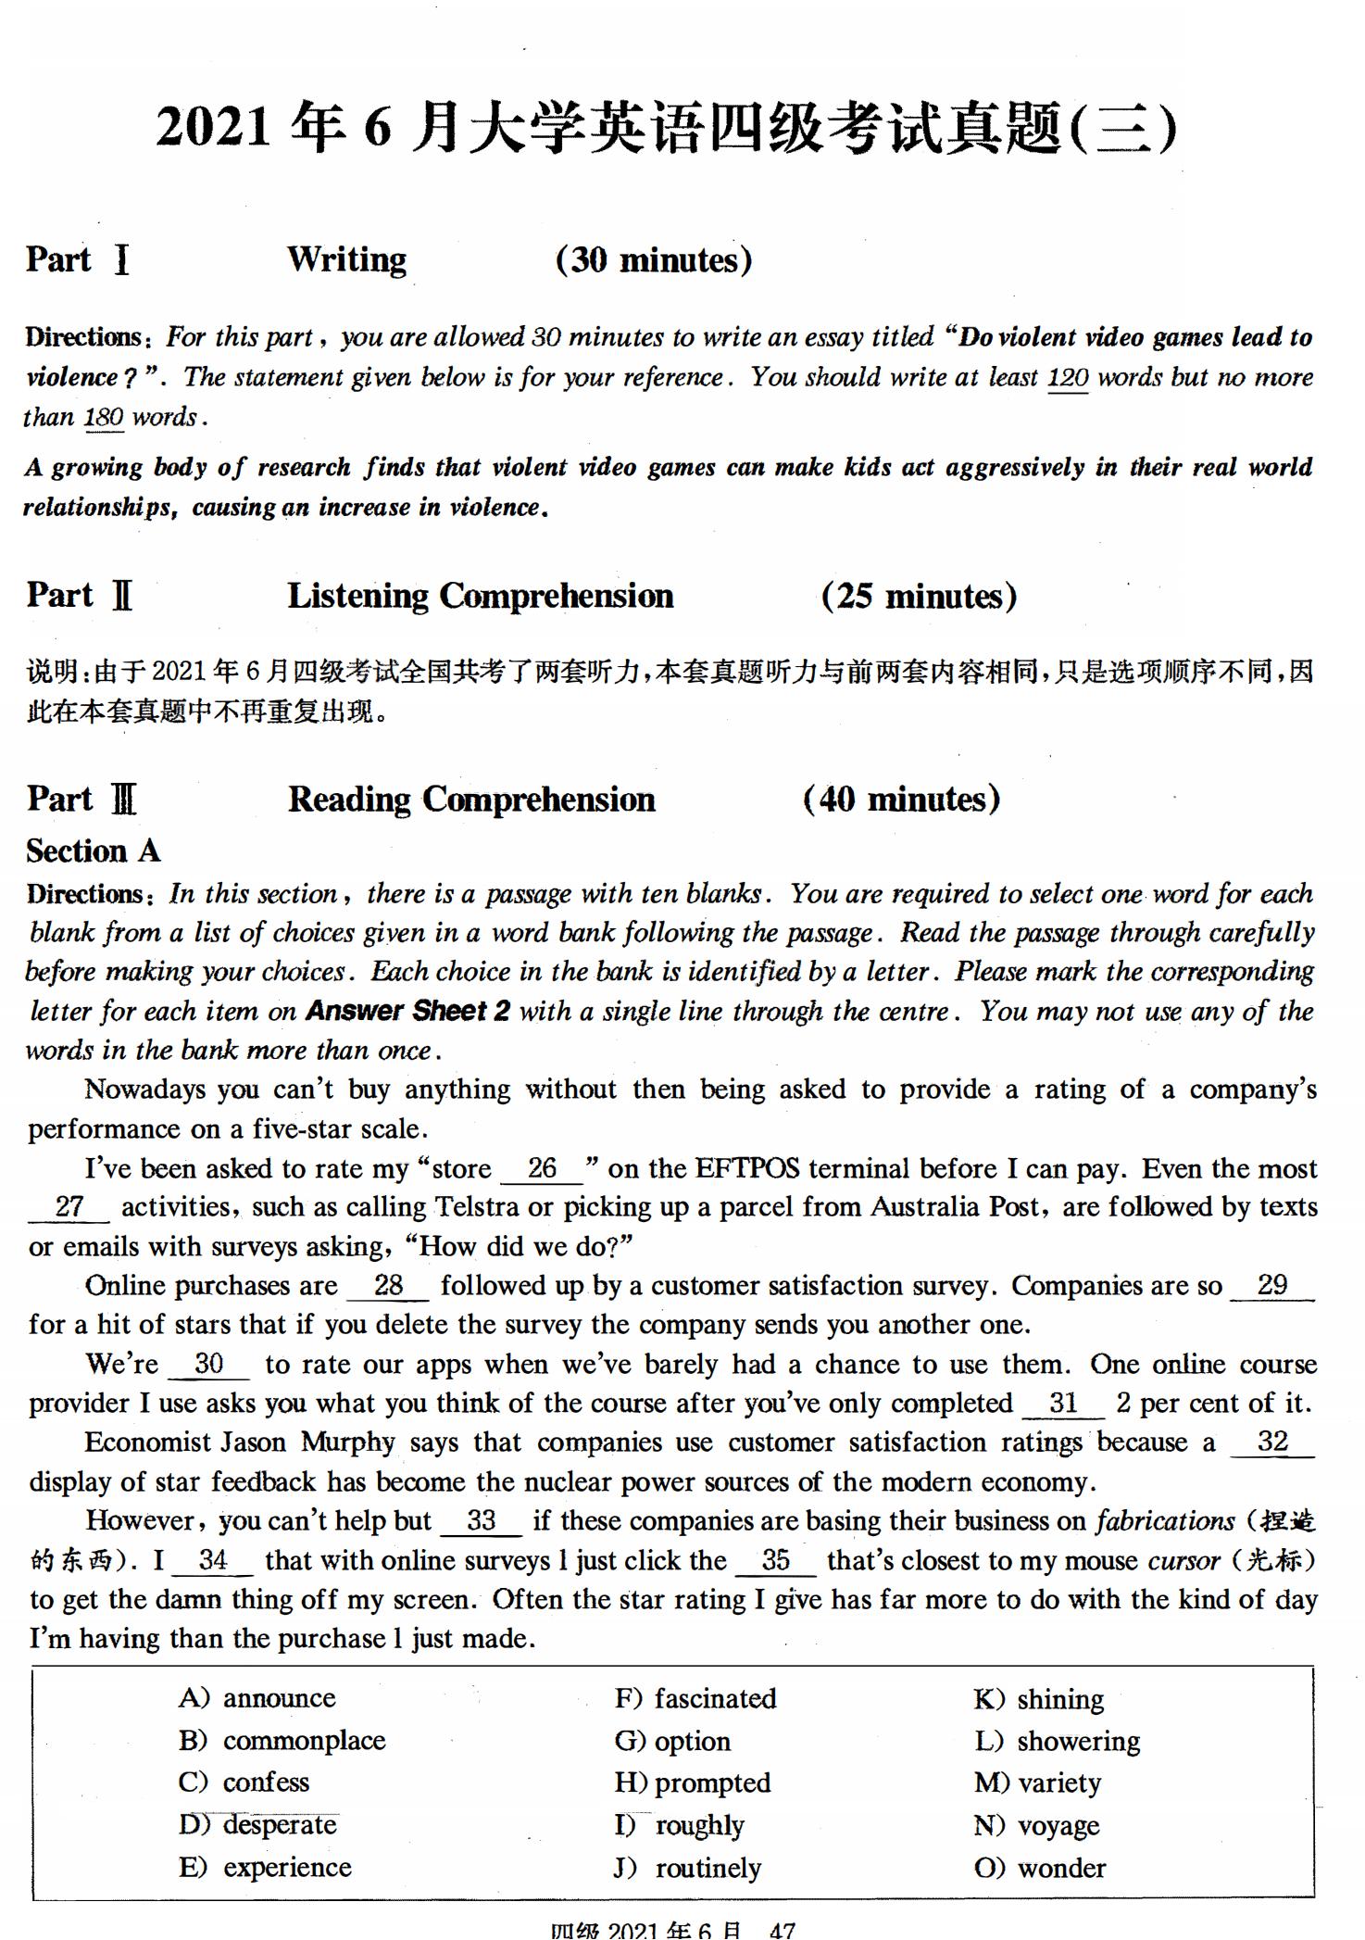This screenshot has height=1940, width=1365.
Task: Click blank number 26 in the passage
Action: (x=542, y=1168)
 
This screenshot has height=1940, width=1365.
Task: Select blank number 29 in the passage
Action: (x=1272, y=1285)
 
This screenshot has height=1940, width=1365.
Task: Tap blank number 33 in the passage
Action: (x=482, y=1520)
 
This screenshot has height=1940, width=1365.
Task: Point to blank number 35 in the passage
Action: (x=776, y=1560)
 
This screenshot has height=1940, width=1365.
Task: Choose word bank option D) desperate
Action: (x=258, y=1824)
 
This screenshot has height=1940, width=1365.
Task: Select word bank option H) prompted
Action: (x=693, y=1783)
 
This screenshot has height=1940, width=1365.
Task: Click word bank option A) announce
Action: (x=257, y=1698)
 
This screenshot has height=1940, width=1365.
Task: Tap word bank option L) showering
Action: (x=1057, y=1741)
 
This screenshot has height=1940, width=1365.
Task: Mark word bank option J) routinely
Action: (x=687, y=1867)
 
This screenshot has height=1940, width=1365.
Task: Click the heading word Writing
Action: (x=346, y=260)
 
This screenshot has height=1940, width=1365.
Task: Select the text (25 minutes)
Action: (x=919, y=596)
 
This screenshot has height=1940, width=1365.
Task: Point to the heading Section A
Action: (x=93, y=850)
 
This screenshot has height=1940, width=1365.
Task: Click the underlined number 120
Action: (x=1068, y=378)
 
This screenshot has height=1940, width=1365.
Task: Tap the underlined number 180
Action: (x=104, y=417)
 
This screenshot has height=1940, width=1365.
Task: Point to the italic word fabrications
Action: (x=1165, y=1520)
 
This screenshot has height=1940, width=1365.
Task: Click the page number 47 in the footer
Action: (x=783, y=1931)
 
